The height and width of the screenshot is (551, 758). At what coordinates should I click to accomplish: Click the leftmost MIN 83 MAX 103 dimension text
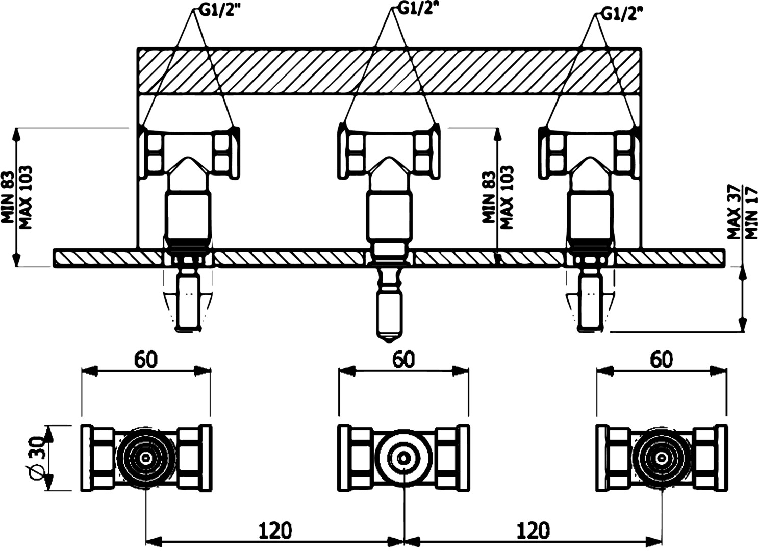[x=17, y=196]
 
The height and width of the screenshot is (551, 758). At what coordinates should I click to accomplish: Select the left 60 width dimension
[x=146, y=360]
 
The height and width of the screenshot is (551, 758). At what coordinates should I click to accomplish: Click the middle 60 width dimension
[x=403, y=360]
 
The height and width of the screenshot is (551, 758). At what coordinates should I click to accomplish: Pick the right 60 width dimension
[x=661, y=360]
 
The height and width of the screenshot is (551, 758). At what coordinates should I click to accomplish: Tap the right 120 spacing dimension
[x=534, y=531]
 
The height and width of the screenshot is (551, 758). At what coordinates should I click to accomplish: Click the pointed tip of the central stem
[x=389, y=339]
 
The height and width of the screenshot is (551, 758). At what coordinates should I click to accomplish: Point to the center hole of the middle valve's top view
[x=403, y=458]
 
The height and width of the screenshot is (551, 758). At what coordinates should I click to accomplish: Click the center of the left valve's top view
[x=146, y=458]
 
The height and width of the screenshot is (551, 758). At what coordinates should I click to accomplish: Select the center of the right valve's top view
[x=662, y=458]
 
